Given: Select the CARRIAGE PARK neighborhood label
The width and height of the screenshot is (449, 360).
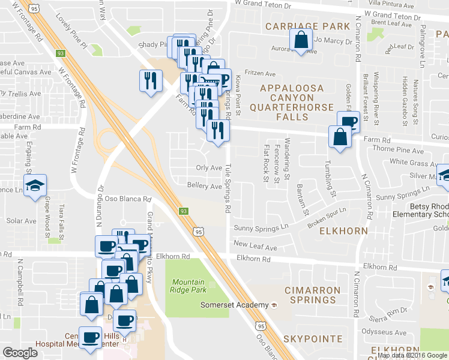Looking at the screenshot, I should [307, 26].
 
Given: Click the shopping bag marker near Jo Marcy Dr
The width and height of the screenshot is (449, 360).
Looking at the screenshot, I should [300, 41].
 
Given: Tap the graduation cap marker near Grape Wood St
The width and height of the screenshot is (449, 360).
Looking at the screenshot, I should [35, 184].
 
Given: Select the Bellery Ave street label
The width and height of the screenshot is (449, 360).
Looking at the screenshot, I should [205, 186].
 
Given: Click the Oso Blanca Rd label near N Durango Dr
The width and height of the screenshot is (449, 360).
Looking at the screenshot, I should [128, 199].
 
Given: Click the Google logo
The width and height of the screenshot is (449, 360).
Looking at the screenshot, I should [20, 353].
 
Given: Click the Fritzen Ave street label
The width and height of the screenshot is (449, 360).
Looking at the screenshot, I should [259, 74].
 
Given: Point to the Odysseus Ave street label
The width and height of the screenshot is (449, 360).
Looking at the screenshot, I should [386, 333].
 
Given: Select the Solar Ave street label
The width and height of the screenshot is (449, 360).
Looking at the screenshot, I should [22, 221].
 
